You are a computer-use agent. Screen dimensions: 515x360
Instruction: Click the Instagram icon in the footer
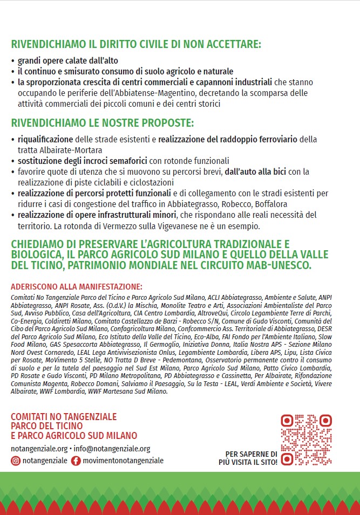tap(16, 461)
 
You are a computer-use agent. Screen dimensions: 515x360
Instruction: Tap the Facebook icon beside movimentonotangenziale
tap(76, 461)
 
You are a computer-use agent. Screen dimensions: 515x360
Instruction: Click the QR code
tap(306, 440)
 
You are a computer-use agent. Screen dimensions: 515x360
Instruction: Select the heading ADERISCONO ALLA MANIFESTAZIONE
tap(77, 286)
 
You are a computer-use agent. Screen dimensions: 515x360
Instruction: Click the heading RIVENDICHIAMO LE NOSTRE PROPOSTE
tap(103, 123)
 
